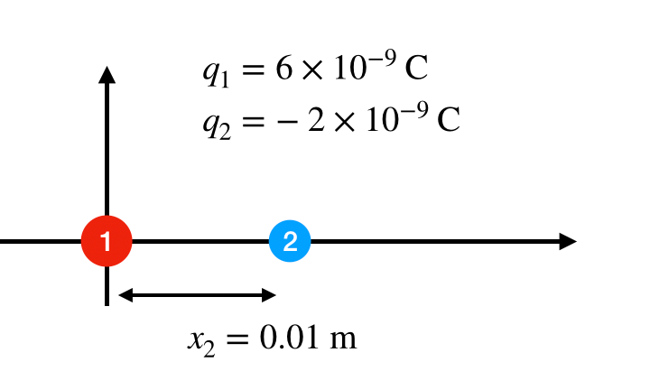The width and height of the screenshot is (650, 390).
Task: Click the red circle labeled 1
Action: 107,241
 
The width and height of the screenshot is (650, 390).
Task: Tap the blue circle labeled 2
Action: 290,241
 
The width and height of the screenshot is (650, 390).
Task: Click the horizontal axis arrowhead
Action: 568,241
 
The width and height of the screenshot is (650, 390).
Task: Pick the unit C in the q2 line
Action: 449,119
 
